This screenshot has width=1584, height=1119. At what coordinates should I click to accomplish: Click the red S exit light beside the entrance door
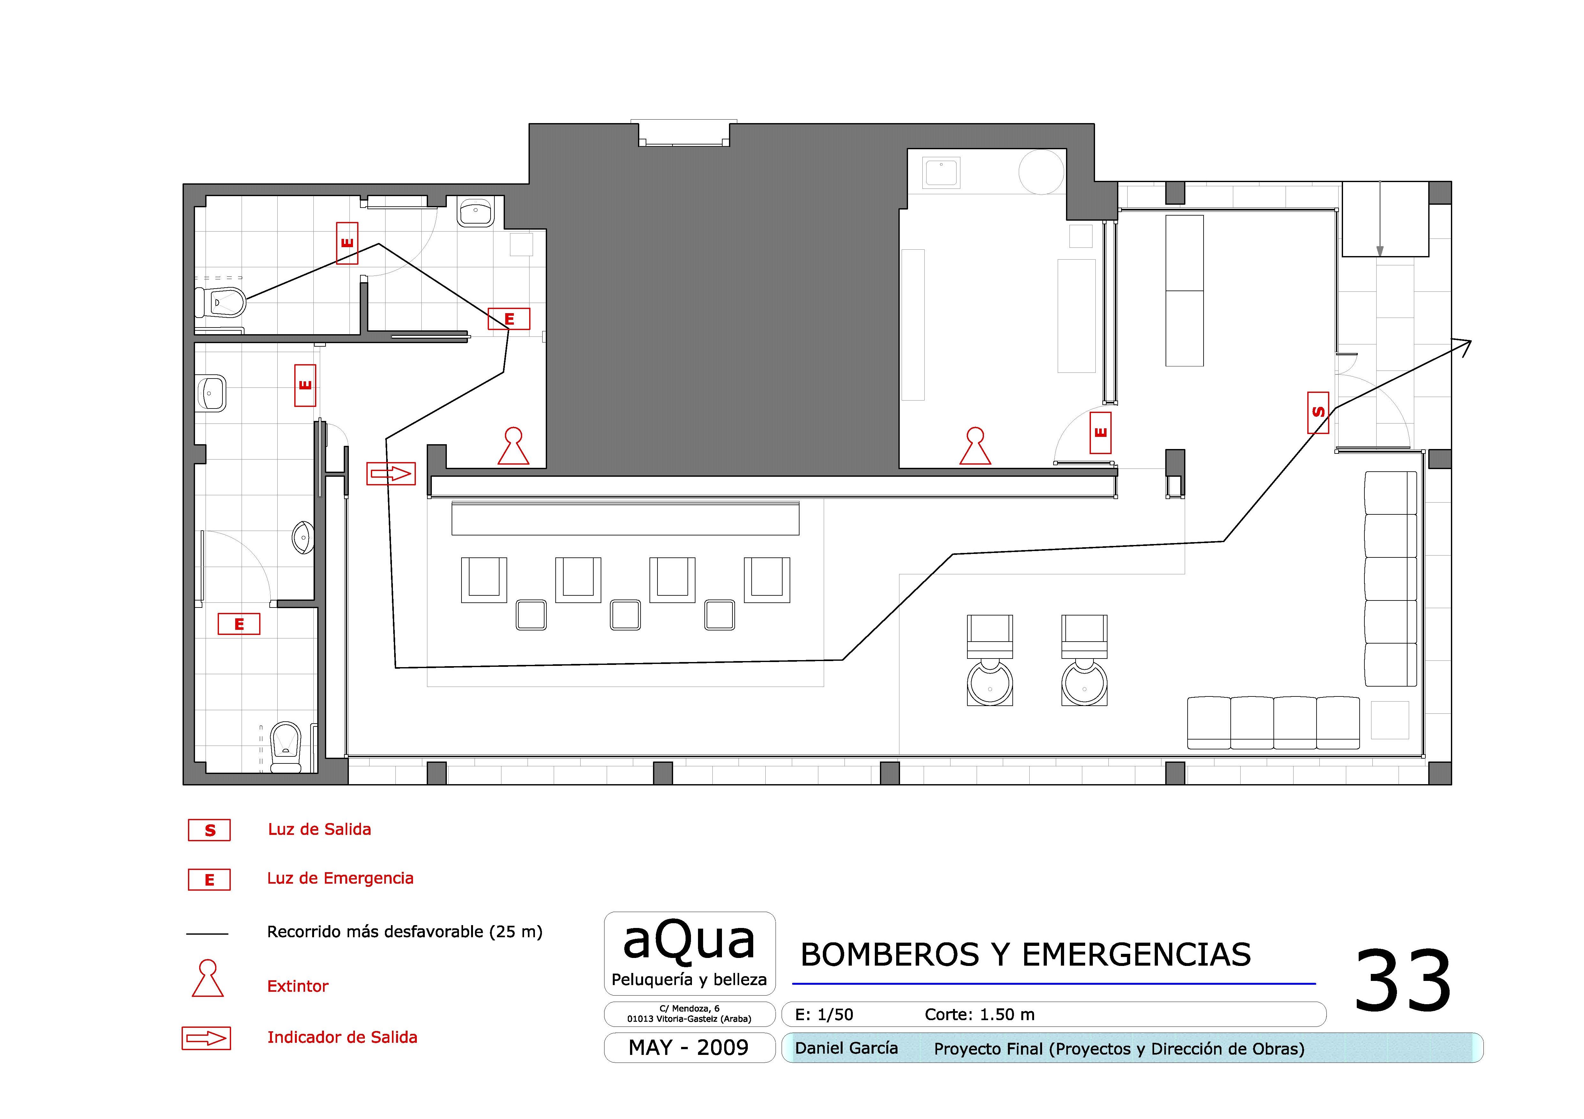pos(1318,412)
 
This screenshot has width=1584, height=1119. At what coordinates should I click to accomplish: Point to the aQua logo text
pos(689,941)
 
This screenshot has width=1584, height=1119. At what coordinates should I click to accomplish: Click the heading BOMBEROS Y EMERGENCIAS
pos(1025,955)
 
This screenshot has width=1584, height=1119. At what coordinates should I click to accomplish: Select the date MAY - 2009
pos(688,1047)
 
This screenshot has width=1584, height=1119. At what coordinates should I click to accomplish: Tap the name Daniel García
pos(846,1048)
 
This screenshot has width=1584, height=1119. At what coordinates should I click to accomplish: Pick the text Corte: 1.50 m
pos(980,1014)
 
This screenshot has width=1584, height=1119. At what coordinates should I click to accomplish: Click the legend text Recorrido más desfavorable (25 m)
pos(404,932)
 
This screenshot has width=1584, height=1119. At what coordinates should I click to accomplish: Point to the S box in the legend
pos(209,830)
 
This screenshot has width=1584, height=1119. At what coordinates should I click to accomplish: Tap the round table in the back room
pos(1042,172)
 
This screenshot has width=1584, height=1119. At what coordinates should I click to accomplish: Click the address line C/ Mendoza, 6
pos(689,1008)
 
